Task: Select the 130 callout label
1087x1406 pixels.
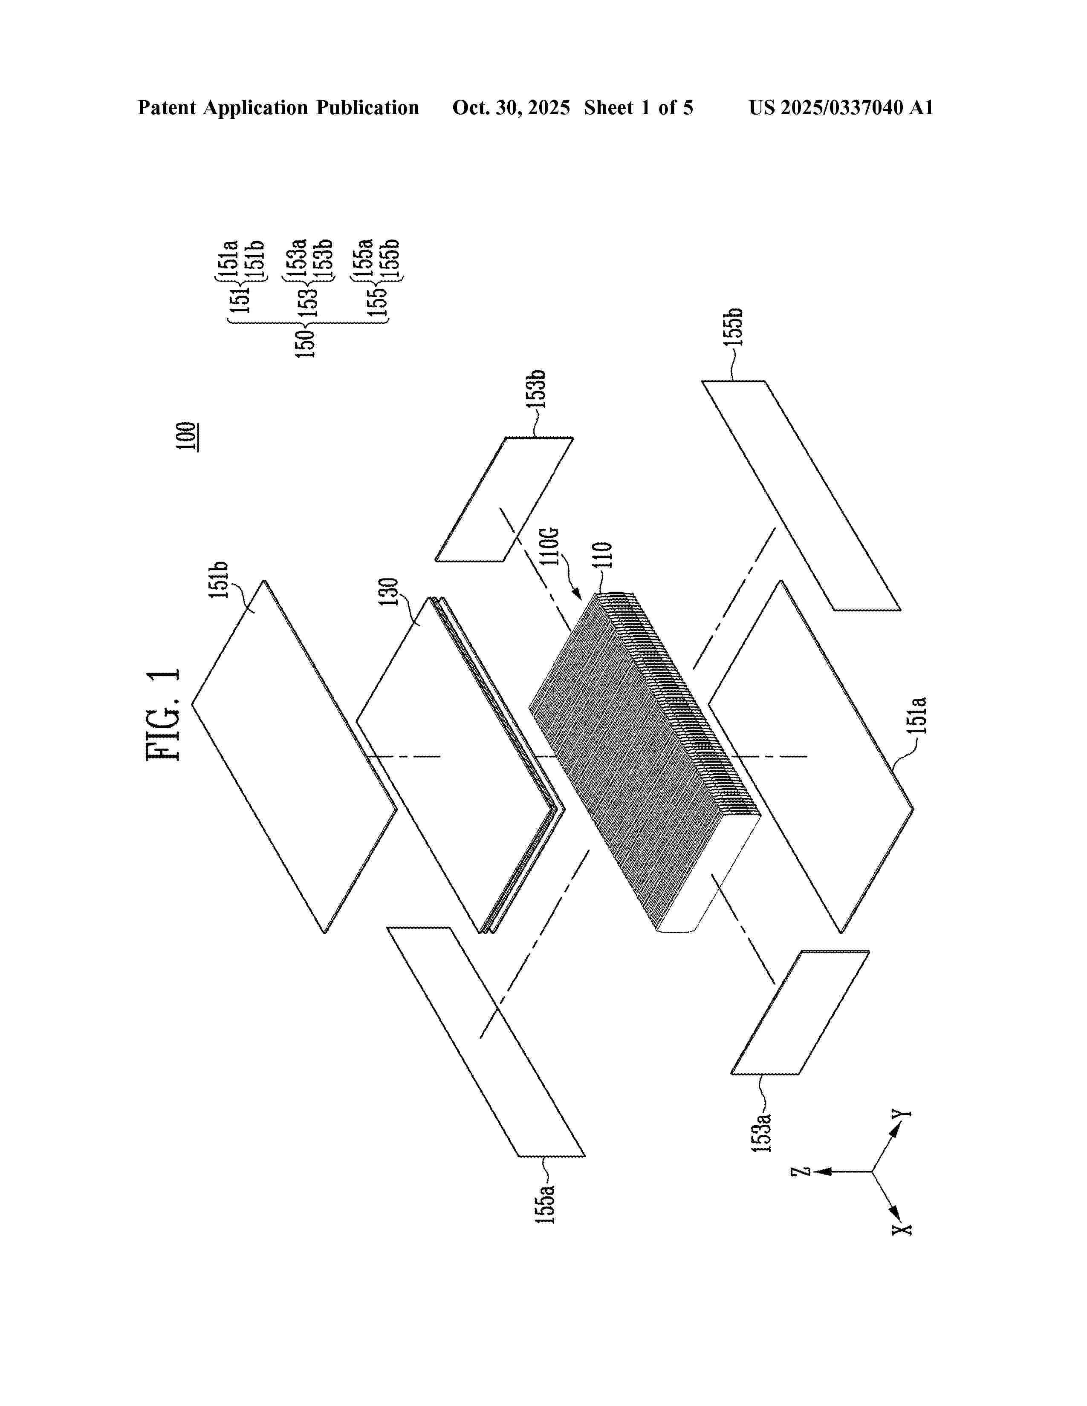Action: tap(389, 592)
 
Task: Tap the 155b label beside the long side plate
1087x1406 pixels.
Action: tap(734, 327)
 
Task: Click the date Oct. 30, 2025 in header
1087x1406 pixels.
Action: tap(511, 107)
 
